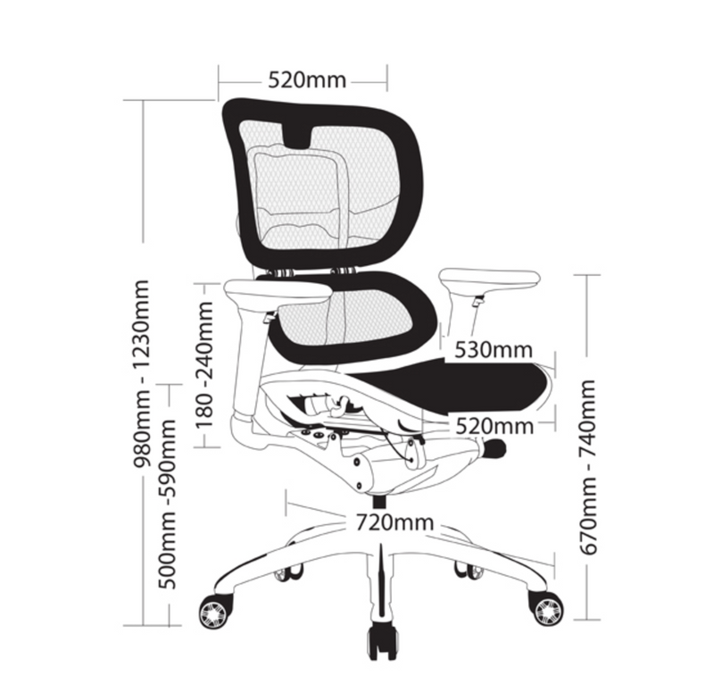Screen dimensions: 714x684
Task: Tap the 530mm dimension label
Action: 493,349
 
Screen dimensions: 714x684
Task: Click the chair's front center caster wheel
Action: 382,640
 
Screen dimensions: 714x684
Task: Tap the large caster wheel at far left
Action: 213,612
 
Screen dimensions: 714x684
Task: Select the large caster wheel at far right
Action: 546,608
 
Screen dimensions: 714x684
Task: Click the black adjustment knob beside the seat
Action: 494,449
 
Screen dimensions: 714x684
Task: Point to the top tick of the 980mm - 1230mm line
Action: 143,100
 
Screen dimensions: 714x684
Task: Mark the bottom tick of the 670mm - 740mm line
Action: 586,619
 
